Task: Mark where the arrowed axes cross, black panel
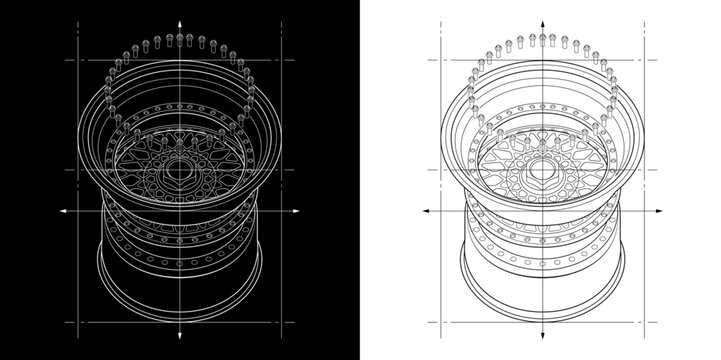(180, 211)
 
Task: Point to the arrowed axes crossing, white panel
(541, 211)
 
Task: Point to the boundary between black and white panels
(360, 180)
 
